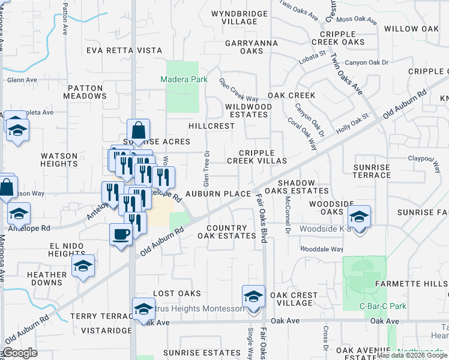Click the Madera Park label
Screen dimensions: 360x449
pos(182,80)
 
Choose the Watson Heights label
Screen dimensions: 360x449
pos(59,160)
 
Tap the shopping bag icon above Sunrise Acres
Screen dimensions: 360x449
pos(139,129)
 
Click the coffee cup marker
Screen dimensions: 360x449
pos(121,233)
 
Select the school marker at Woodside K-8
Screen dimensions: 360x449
pos(360,217)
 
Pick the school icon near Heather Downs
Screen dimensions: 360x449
pos(83,266)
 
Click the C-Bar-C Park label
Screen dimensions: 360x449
pos(383,306)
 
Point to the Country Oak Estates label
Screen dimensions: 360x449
pos(227,232)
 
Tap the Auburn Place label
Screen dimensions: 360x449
pos(217,194)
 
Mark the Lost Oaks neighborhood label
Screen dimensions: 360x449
pos(176,293)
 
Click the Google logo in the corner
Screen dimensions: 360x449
pos(20,353)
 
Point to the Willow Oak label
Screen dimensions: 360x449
pos(411,29)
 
